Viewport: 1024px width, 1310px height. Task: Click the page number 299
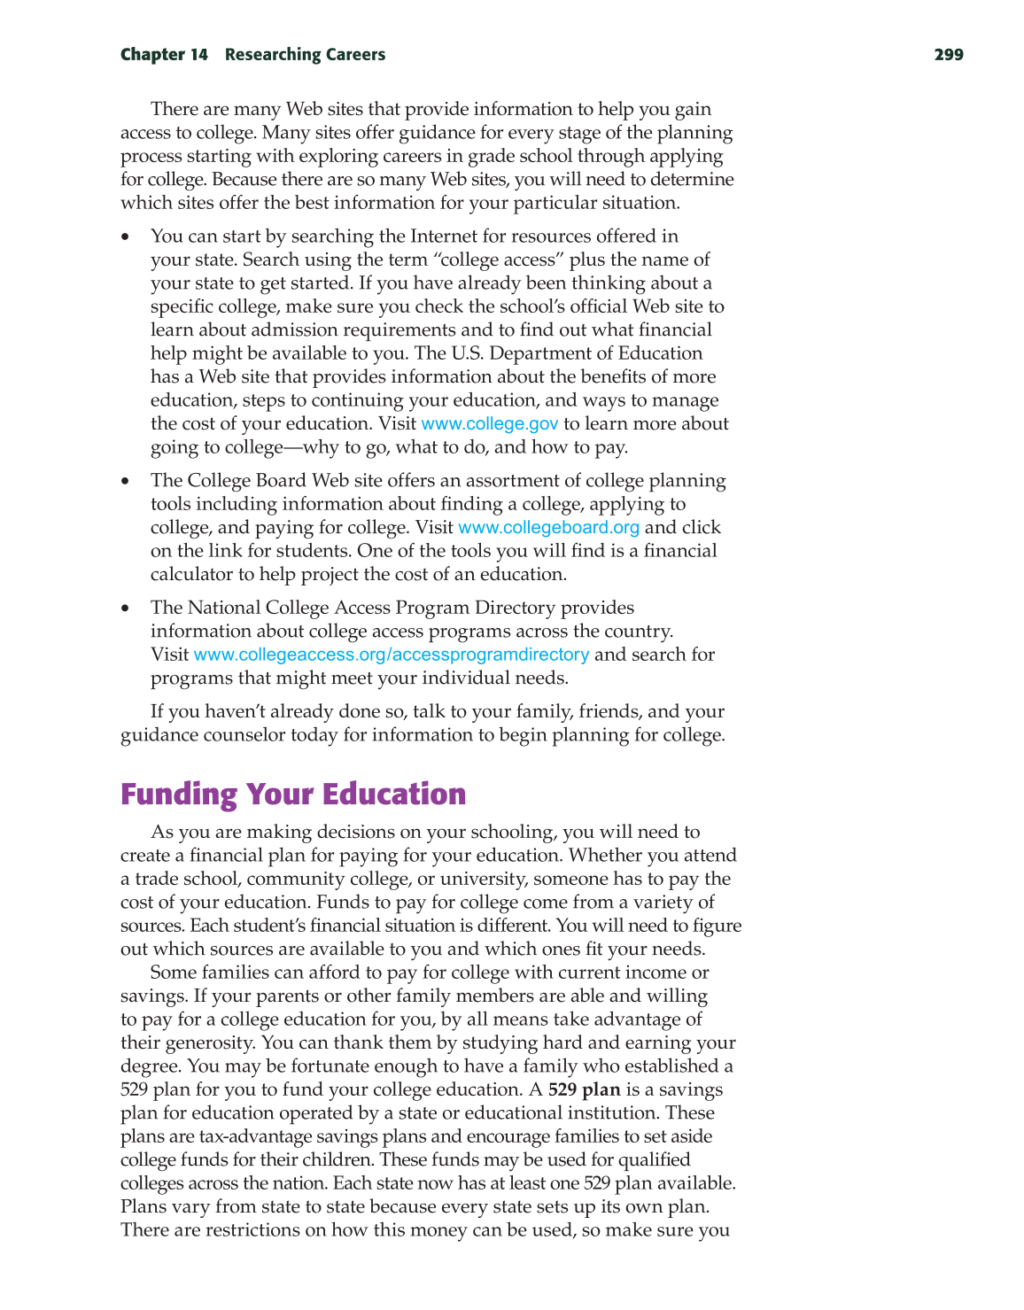point(948,55)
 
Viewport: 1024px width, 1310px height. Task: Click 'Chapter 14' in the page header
point(164,55)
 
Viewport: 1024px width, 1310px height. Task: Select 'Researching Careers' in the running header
point(305,55)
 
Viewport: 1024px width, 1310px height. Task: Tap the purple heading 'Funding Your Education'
point(293,794)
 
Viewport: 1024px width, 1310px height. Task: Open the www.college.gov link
point(490,424)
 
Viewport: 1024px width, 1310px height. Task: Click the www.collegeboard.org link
point(548,528)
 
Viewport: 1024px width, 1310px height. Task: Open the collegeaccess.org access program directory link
point(391,655)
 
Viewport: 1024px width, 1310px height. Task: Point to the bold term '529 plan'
point(584,1089)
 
